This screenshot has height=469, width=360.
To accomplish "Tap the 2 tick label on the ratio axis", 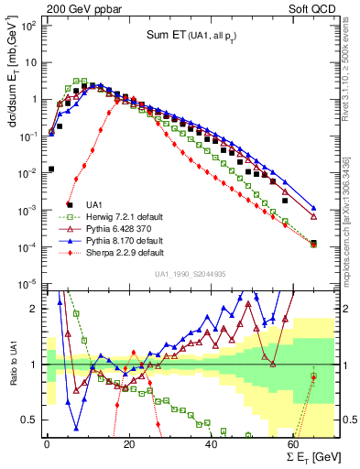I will (x=37, y=309).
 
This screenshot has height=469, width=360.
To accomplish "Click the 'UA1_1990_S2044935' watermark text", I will (x=191, y=274).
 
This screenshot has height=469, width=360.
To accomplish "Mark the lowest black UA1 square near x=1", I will (x=51, y=169).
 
